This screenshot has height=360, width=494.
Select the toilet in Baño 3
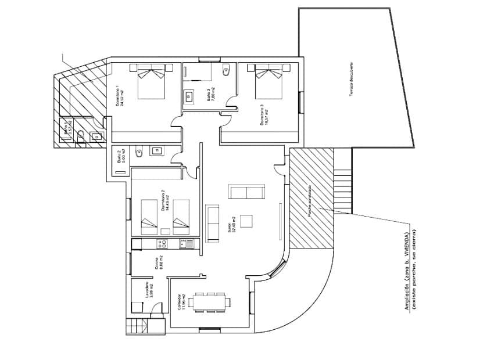coord(227,71)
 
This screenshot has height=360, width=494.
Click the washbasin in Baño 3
coord(189,97)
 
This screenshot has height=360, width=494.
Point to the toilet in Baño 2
coord(138,153)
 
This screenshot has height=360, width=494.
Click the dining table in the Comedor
coord(210,301)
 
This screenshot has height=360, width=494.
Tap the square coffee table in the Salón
coord(246,221)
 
